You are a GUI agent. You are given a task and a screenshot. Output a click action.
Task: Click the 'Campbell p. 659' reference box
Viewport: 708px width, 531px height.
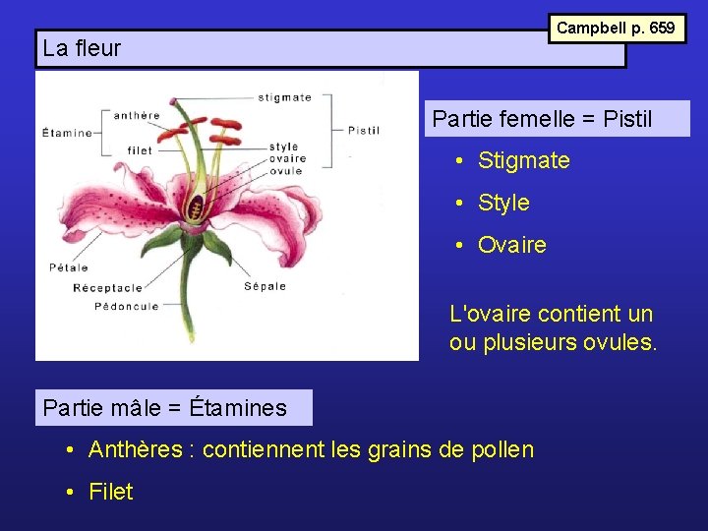pyautogui.click(x=616, y=28)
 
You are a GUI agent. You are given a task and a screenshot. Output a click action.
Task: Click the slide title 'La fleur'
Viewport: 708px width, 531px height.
pyautogui.click(x=83, y=48)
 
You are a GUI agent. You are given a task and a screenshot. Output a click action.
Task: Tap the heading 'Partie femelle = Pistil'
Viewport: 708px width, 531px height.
pyautogui.click(x=542, y=119)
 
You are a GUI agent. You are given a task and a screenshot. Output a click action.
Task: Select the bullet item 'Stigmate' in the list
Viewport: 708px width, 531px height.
pyautogui.click(x=523, y=160)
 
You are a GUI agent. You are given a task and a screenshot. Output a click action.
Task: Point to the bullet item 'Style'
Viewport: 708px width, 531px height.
pyautogui.click(x=503, y=203)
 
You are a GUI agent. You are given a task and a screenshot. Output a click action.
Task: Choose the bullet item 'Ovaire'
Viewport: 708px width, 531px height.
pyautogui.click(x=511, y=245)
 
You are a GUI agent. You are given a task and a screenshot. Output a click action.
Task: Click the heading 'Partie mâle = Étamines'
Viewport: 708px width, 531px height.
pyautogui.click(x=165, y=407)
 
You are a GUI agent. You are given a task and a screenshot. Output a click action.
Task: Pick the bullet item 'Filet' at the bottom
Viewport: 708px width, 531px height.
pyautogui.click(x=110, y=492)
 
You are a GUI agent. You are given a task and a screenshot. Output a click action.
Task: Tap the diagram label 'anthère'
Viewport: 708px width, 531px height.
pyautogui.click(x=137, y=115)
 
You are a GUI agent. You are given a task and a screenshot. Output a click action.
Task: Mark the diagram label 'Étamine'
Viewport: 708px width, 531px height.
pyautogui.click(x=67, y=133)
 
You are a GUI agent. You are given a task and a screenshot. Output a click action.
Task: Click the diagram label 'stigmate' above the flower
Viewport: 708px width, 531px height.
pyautogui.click(x=284, y=97)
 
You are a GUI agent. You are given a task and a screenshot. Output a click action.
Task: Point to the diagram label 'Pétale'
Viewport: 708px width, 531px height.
pyautogui.click(x=69, y=266)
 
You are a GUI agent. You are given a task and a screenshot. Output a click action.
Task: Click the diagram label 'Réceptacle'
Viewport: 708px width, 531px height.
pyautogui.click(x=107, y=287)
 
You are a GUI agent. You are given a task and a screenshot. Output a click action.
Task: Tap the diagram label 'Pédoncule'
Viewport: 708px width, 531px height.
pyautogui.click(x=126, y=306)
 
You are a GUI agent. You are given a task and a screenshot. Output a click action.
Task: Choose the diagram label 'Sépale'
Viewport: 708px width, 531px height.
pyautogui.click(x=265, y=286)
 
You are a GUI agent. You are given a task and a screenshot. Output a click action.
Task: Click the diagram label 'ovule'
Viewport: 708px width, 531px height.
pyautogui.click(x=285, y=170)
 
